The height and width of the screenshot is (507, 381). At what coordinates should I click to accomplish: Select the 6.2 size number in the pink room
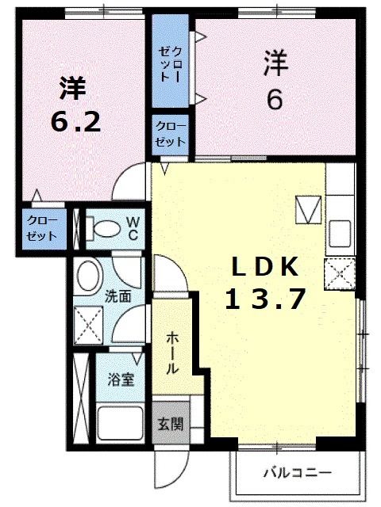tap(75, 121)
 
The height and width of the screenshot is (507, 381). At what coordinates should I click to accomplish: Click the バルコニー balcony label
tap(298, 473)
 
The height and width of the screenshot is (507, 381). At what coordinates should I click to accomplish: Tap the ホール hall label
tap(171, 352)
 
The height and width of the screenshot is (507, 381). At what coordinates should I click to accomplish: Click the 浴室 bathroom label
tap(121, 379)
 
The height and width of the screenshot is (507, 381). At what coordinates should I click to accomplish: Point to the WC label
tap(133, 228)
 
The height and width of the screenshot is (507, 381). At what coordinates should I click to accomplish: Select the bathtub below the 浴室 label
tap(119, 425)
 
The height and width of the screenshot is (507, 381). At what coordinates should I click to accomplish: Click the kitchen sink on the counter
tap(342, 233)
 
